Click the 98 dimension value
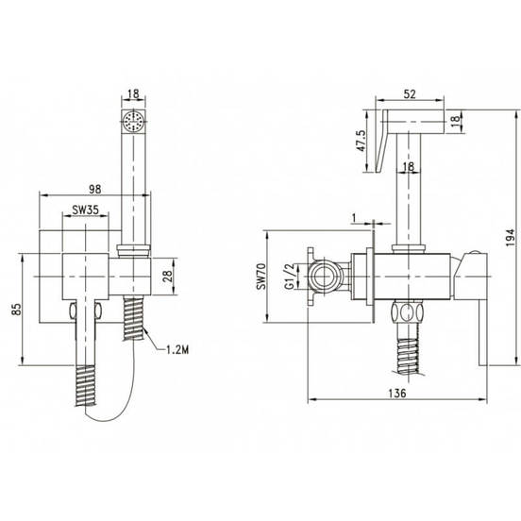(95, 189)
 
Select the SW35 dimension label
(85, 210)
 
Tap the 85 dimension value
(17, 309)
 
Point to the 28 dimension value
(167, 277)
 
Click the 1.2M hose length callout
(177, 349)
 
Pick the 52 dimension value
(410, 94)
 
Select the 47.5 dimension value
(361, 141)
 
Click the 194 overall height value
(510, 237)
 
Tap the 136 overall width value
(397, 393)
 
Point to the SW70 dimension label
(261, 277)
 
